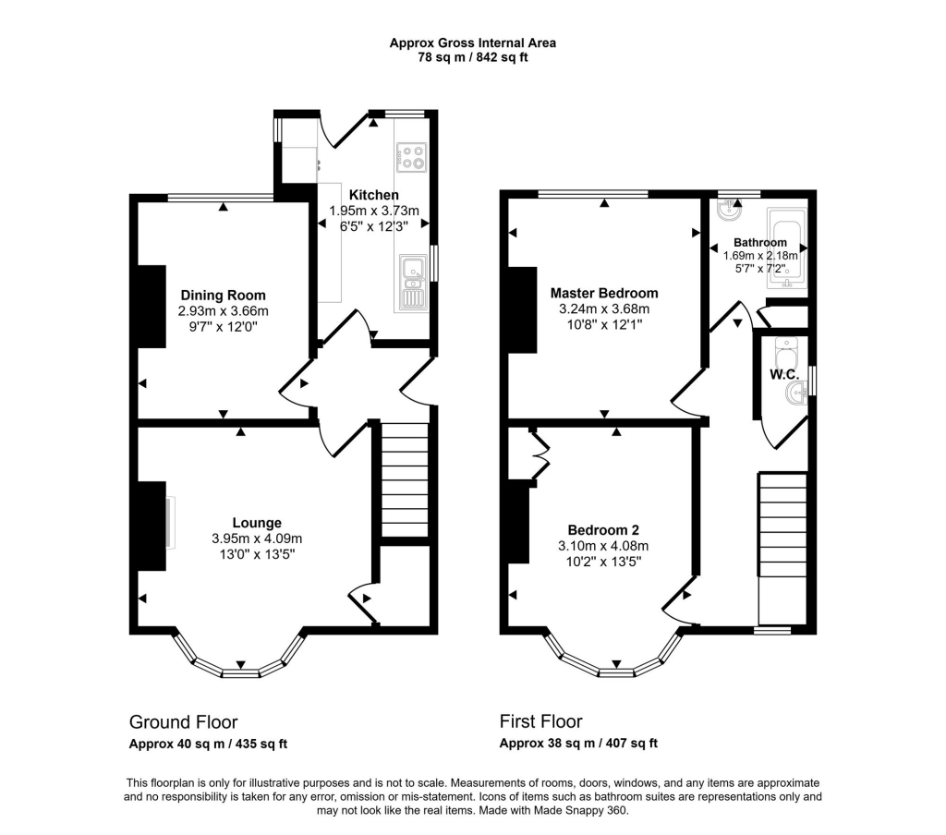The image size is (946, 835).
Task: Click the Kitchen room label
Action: click(373, 195)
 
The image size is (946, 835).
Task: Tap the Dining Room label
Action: click(223, 296)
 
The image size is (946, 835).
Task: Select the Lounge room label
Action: click(257, 523)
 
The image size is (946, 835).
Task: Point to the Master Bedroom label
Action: click(604, 293)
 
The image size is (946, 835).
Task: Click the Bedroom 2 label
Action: click(603, 530)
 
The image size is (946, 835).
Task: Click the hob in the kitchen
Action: click(411, 158)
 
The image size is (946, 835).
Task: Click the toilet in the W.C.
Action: click(786, 355)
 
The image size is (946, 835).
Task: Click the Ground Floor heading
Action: click(183, 721)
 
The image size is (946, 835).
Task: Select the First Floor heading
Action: click(541, 721)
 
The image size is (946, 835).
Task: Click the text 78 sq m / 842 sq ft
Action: click(472, 57)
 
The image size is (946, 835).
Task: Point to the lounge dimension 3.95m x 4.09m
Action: click(257, 539)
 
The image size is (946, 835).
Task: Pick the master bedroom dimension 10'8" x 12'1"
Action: click(604, 325)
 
